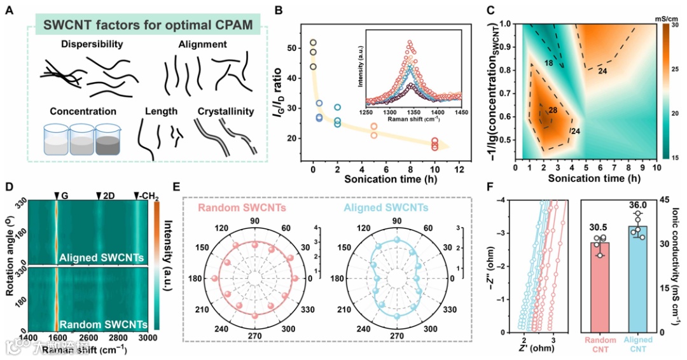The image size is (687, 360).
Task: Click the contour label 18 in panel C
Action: tap(548, 62)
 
